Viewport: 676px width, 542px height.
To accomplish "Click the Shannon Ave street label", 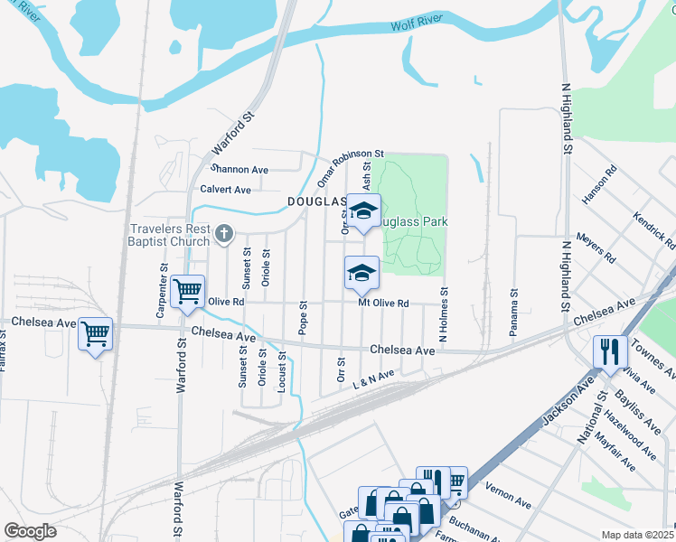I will [239, 169].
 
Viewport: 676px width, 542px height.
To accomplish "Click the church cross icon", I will [225, 236].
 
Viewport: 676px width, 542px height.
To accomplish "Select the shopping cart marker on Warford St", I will [187, 292].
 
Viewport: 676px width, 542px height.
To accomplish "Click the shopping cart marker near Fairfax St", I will [95, 334].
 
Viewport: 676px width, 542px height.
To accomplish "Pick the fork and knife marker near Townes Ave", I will [610, 350].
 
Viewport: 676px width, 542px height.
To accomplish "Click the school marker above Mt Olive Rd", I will [361, 273].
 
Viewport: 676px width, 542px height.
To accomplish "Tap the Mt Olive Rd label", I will [384, 304].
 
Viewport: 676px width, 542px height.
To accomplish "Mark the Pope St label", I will [304, 316].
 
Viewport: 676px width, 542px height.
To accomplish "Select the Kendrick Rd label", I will [654, 230].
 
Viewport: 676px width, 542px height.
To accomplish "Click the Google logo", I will [31, 531].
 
